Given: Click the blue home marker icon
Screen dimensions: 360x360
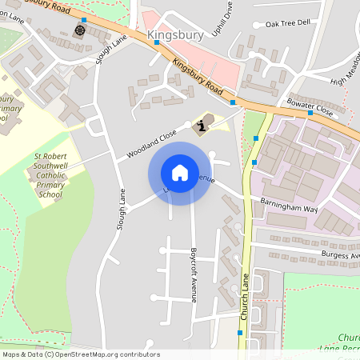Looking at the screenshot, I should coord(180,173).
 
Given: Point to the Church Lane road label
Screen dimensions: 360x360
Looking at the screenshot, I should coord(245,298).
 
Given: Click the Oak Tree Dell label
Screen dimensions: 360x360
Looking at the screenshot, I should coord(287,23).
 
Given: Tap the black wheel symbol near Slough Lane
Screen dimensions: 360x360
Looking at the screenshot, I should coord(79,30).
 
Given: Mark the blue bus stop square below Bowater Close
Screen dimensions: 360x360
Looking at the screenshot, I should coord(307,114).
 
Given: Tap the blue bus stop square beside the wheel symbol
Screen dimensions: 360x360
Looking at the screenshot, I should coord(83,19).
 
